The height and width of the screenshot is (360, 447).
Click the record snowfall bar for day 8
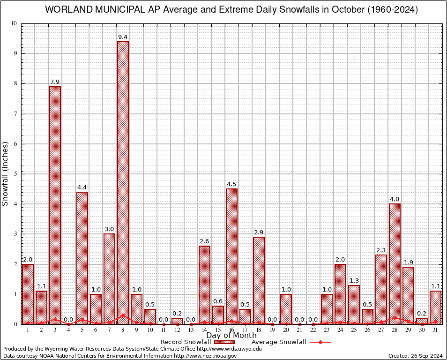pyautogui.click(x=123, y=183)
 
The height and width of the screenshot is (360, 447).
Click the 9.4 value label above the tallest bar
pyautogui.click(x=123, y=37)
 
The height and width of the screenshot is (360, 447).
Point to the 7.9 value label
pyautogui.click(x=55, y=82)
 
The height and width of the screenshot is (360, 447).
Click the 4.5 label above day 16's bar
pyautogui.click(x=231, y=184)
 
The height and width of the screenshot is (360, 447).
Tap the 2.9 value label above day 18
pyautogui.click(x=259, y=232)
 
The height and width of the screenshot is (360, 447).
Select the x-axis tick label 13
pyautogui.click(x=191, y=330)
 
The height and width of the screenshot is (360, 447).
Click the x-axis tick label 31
pyautogui.click(x=435, y=330)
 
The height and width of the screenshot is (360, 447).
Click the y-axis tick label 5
pyautogui.click(x=15, y=174)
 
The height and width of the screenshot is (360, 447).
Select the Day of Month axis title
pyautogui.click(x=231, y=336)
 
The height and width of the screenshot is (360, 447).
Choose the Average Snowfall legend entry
pyautogui.click(x=278, y=342)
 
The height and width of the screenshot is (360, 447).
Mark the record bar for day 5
pyautogui.click(x=82, y=258)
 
